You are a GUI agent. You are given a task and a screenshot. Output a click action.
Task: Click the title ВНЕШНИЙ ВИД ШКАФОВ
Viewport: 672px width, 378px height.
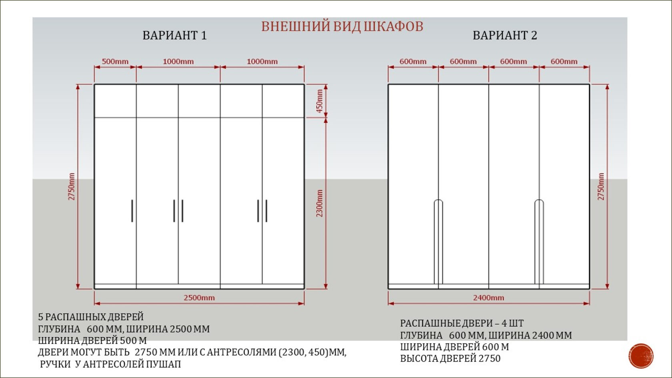click(x=342, y=26)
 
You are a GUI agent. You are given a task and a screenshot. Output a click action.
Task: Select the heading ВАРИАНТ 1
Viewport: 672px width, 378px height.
click(x=174, y=36)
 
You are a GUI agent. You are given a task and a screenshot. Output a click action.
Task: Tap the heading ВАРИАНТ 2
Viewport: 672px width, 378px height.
click(x=505, y=36)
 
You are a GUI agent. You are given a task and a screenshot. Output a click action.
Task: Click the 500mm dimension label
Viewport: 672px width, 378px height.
click(x=115, y=62)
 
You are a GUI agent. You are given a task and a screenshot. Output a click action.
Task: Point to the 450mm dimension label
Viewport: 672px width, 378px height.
click(x=320, y=101)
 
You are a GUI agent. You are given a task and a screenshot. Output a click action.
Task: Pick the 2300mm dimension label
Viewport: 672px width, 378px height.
click(x=320, y=203)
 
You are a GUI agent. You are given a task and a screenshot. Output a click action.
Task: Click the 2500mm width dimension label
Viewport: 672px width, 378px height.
click(x=199, y=298)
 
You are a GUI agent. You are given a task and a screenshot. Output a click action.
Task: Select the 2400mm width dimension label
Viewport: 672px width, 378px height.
click(x=488, y=298)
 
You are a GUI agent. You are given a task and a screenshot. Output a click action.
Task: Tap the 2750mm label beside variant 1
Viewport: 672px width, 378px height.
click(x=72, y=186)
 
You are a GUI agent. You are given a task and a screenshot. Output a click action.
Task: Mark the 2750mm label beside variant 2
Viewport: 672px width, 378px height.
click(x=601, y=186)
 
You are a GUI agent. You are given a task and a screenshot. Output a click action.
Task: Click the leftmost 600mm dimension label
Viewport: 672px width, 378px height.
click(x=413, y=62)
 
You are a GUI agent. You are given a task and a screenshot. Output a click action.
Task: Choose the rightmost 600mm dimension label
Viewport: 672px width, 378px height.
click(x=564, y=62)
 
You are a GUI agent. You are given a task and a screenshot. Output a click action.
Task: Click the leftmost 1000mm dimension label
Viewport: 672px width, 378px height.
click(x=178, y=62)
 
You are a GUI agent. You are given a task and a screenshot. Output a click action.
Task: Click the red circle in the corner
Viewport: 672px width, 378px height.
click(x=641, y=356)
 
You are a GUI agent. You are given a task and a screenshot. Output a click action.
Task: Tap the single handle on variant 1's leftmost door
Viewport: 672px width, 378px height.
click(x=132, y=211)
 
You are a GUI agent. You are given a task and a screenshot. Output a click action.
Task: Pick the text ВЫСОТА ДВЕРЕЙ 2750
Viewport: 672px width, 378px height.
click(x=450, y=358)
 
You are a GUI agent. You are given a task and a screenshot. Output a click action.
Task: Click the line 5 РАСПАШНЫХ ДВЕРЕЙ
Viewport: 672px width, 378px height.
click(x=91, y=317)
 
